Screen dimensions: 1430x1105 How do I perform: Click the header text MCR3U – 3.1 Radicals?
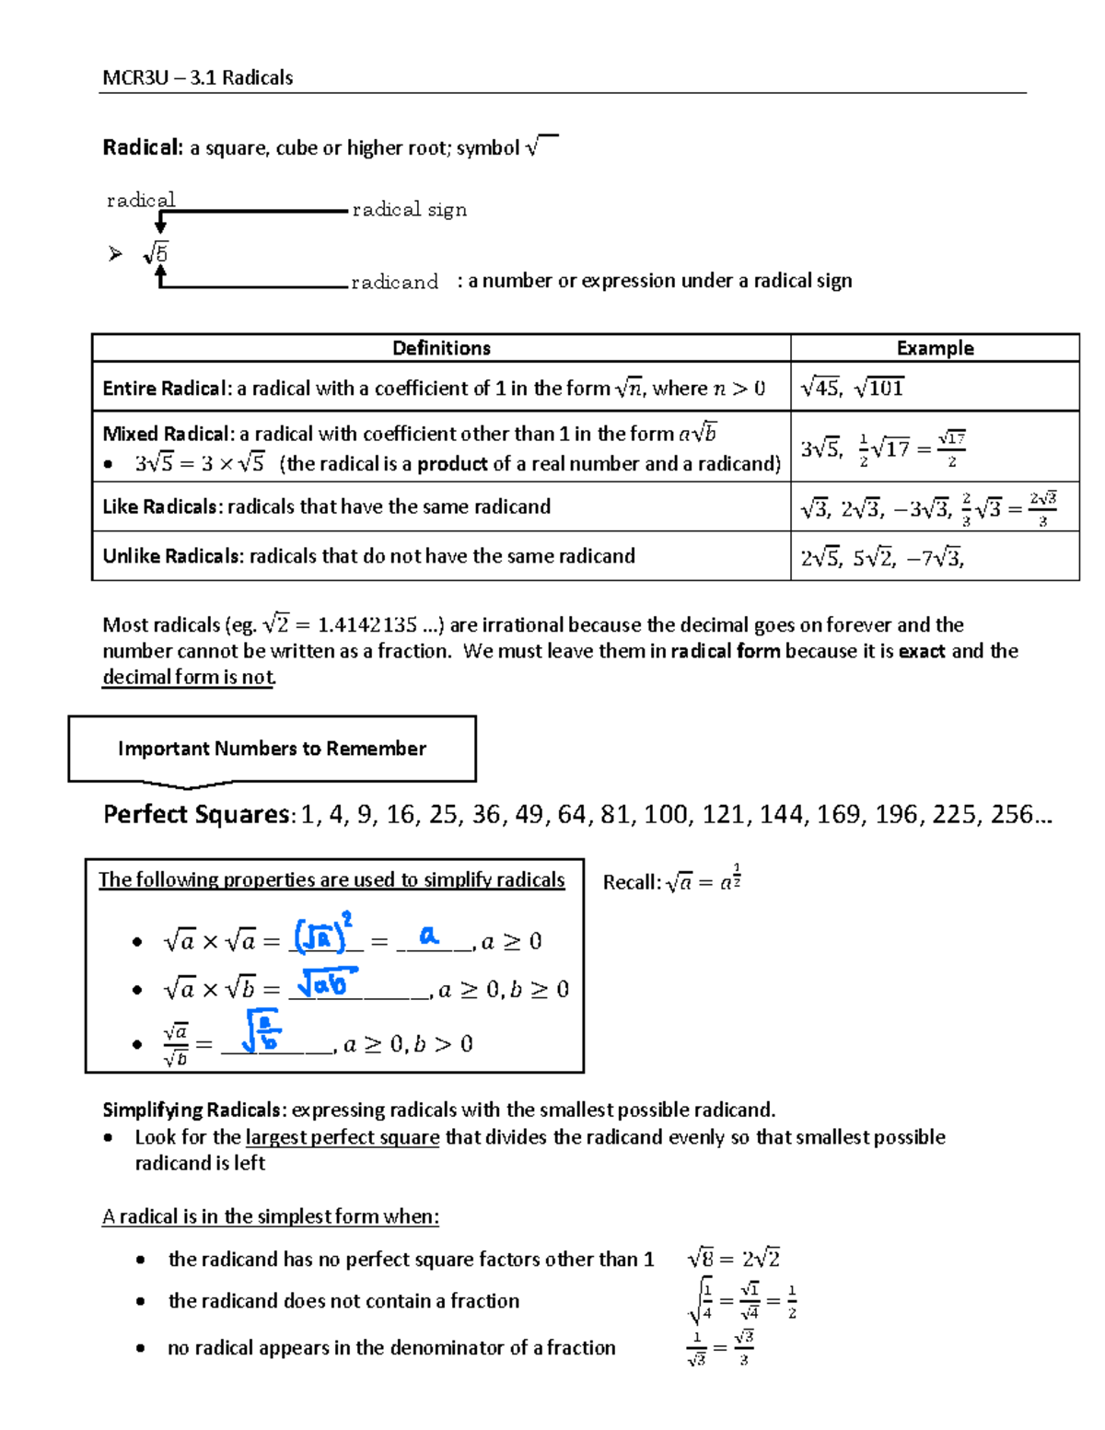coord(197,77)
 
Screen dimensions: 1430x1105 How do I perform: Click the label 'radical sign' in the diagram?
coord(409,210)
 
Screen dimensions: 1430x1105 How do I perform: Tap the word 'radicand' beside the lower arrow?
coord(394,282)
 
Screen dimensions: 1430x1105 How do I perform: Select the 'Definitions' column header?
coord(441,348)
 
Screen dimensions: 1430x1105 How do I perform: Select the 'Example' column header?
coord(935,348)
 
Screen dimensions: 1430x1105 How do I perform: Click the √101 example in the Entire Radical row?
coord(879,388)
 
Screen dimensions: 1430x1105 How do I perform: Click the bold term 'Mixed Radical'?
coord(167,434)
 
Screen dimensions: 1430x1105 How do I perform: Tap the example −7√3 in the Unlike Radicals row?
coord(935,557)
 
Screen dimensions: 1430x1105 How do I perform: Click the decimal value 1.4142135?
coord(367,625)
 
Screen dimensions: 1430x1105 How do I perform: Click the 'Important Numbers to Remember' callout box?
coord(272,749)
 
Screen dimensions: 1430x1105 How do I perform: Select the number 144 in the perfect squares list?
coord(781,815)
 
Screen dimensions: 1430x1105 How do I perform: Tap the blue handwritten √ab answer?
coord(325,983)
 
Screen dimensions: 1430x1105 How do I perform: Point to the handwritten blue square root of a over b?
coord(261,1031)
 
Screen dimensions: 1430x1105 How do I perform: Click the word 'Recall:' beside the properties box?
coord(632,882)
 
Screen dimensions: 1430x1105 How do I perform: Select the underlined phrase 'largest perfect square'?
coord(343,1137)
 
